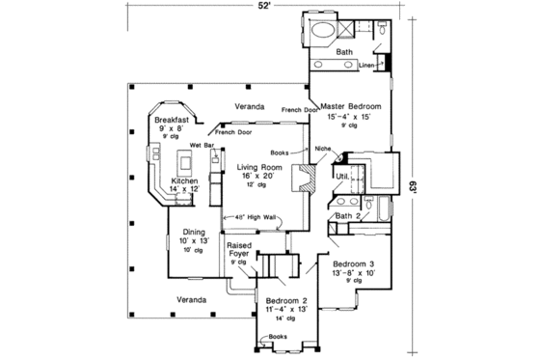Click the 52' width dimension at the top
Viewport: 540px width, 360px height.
[262, 7]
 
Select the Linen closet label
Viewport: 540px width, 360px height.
[366, 66]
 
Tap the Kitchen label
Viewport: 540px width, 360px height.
[185, 180]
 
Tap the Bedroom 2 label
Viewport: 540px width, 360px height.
[286, 301]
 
